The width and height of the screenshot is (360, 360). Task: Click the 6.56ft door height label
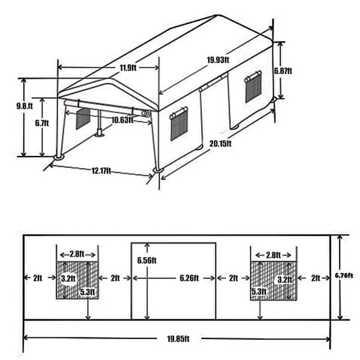point(146,260)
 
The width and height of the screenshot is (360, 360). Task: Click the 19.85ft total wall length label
point(178,339)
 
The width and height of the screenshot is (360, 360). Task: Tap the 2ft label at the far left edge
point(38,278)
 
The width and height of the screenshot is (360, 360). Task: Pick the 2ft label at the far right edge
point(316,278)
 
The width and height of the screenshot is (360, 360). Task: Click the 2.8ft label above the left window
point(77,254)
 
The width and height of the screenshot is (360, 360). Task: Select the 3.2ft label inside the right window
point(283,280)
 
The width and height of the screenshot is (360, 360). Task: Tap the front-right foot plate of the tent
point(157,170)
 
